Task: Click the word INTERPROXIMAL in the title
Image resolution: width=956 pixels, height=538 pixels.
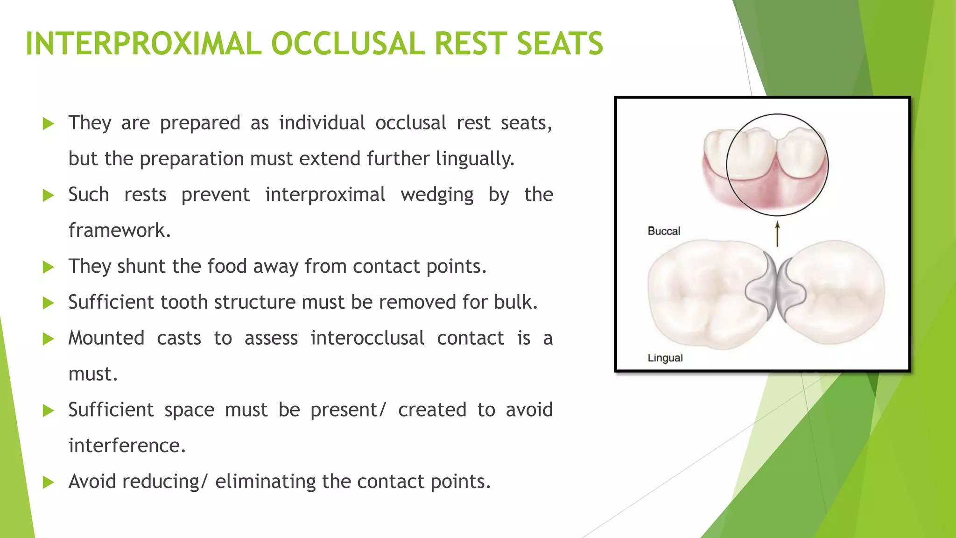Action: coord(142,44)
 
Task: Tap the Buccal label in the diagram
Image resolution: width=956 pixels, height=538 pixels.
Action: coord(663,231)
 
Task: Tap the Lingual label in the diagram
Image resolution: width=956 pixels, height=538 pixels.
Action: coord(665,358)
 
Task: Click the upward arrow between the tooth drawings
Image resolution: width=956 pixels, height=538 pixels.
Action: coord(777,234)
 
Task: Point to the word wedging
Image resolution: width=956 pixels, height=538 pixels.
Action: coord(437,195)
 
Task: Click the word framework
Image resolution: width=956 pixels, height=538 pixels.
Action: coord(119,230)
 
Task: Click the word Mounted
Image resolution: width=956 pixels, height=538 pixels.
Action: coord(106,338)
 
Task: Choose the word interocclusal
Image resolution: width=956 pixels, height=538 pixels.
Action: coord(367,338)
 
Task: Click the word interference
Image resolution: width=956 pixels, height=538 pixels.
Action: coord(127,446)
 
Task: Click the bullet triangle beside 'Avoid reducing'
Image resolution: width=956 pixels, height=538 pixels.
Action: coord(48,482)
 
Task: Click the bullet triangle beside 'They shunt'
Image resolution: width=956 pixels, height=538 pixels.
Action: coord(48,267)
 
